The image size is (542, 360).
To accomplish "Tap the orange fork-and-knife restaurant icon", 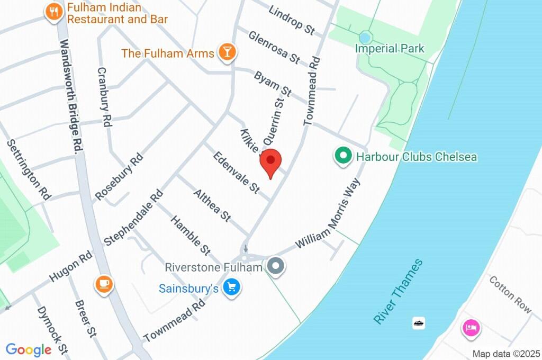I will [53, 12].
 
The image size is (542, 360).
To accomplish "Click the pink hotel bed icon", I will [471, 327].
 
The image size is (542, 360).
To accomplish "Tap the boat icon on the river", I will [419, 322].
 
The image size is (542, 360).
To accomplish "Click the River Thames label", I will [398, 291].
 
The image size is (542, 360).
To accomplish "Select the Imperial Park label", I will [390, 49].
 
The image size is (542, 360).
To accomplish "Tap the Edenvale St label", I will [237, 172].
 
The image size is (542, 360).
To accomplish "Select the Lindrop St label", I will [292, 20].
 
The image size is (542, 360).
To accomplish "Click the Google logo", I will [29, 349].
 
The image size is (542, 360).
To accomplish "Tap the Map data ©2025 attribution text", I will [506, 354].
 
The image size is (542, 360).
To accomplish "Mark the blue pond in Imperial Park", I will [365, 38].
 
